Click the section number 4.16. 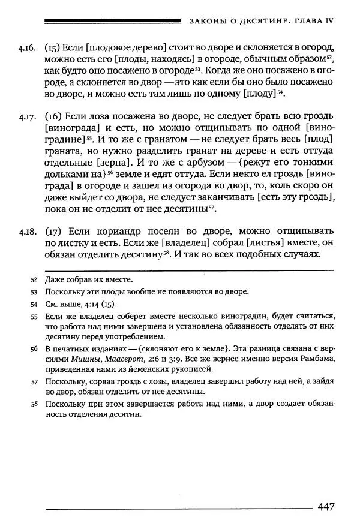point(26,46)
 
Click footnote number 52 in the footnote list point(34,280)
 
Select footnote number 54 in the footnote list point(34,304)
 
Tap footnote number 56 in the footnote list point(34,348)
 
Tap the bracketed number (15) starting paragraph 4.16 point(53,46)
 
